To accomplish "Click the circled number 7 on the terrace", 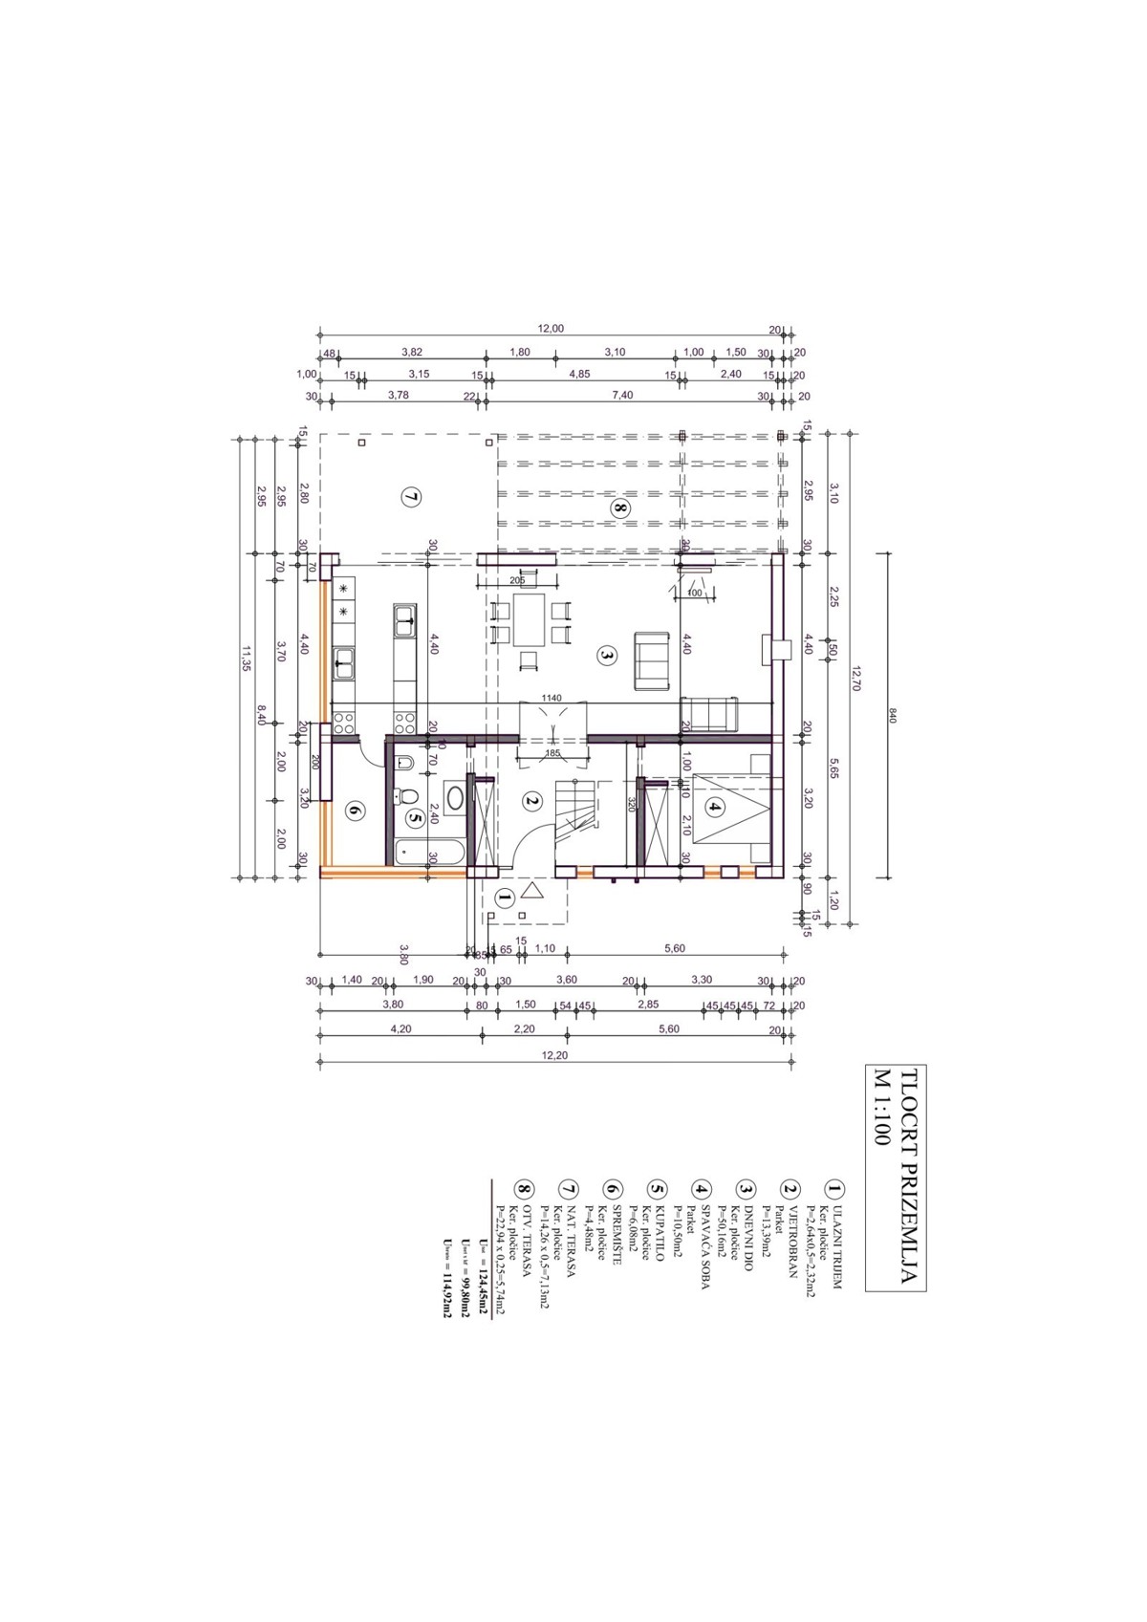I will pyautogui.click(x=410, y=497).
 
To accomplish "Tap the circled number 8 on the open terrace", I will pyautogui.click(x=620, y=509).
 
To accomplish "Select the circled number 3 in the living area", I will pyautogui.click(x=605, y=655).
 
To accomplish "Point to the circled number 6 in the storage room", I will pyautogui.click(x=355, y=811).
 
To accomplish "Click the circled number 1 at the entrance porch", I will pyautogui.click(x=506, y=897).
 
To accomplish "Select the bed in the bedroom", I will pyautogui.click(x=731, y=810).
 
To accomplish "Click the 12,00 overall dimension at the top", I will pyautogui.click(x=551, y=329).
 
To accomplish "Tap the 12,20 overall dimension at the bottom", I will pyautogui.click(x=554, y=1055).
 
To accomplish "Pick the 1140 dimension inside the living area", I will pyautogui.click(x=552, y=698).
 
